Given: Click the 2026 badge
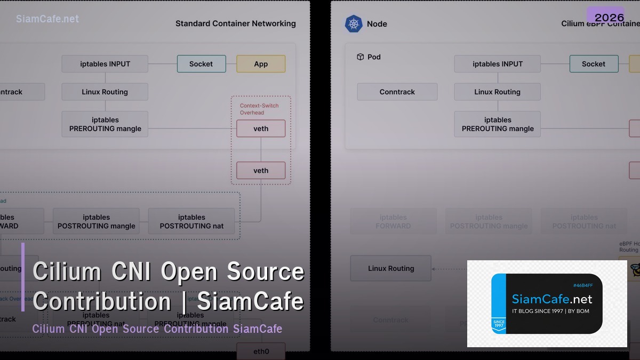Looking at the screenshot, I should (609, 16).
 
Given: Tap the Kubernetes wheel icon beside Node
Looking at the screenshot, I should (354, 23).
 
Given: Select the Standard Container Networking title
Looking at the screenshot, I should (235, 23).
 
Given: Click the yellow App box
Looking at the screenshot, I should (261, 64).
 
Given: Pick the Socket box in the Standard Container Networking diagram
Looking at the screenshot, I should (201, 64).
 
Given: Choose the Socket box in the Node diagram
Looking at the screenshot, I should (594, 64).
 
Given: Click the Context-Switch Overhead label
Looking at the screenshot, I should (259, 109).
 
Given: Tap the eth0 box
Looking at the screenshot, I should (261, 351).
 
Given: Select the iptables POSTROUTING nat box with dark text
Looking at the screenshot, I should (191, 221).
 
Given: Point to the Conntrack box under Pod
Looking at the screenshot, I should (397, 92).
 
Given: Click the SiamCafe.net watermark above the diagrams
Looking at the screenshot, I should (47, 19).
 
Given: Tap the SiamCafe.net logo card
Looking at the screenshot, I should (547, 303).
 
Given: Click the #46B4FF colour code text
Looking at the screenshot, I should (582, 285).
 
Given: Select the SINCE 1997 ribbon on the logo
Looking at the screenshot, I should (499, 324).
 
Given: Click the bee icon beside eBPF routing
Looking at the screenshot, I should (635, 268).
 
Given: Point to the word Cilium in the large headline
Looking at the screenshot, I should (67, 271).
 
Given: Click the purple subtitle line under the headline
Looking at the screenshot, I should (157, 329).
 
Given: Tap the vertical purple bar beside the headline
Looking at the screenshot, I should (23, 277).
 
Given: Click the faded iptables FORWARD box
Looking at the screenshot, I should (393, 221).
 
